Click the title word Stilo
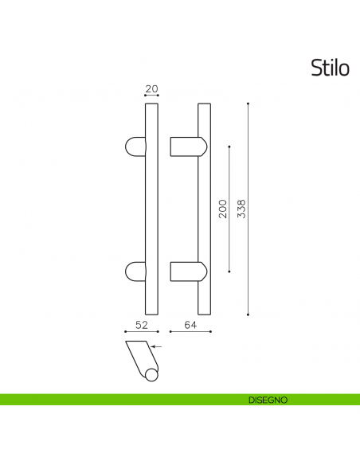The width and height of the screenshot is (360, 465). click(329, 69)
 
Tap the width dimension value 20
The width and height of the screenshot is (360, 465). click(151, 89)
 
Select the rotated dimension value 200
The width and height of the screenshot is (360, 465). click(222, 209)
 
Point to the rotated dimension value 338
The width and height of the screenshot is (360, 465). click(241, 209)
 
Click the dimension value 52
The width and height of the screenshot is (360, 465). click(142, 324)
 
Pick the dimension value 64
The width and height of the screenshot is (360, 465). click(190, 324)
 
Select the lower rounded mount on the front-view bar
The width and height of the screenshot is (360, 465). click(136, 271)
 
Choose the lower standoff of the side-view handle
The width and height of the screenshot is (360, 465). click(189, 271)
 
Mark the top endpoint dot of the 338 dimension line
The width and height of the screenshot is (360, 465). click(248, 104)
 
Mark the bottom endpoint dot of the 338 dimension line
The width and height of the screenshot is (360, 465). click(248, 315)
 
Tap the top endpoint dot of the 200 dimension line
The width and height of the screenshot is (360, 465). click(229, 147)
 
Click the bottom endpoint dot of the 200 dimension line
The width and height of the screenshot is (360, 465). click(229, 272)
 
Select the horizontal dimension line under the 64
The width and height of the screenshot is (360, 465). click(190, 332)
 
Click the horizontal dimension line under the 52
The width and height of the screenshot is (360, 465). click(142, 332)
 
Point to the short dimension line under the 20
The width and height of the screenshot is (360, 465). click(151, 97)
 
